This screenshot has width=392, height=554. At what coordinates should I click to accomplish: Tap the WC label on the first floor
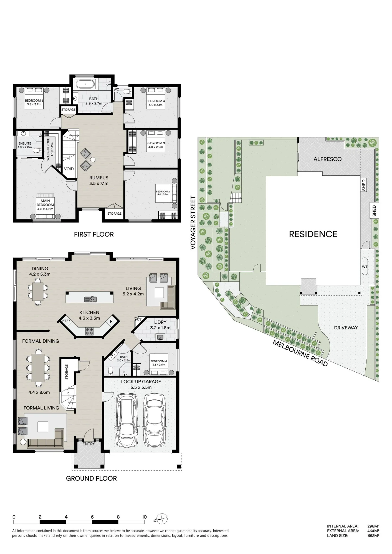pyautogui.click(x=116, y=89)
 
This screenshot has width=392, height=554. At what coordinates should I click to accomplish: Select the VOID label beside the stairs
pyautogui.click(x=69, y=169)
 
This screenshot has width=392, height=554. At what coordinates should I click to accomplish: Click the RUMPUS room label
pyautogui.click(x=99, y=178)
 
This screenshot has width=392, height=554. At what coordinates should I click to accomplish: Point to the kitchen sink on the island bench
pyautogui.click(x=90, y=299)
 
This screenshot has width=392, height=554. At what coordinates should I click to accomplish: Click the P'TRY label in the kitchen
pyautogui.click(x=66, y=321)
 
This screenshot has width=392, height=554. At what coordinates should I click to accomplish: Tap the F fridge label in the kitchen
pyautogui.click(x=111, y=322)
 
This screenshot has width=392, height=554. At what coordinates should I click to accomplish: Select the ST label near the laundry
pyautogui.click(x=139, y=320)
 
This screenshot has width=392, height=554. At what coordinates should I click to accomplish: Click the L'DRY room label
pyautogui.click(x=160, y=322)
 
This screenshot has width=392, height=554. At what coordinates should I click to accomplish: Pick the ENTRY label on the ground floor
pyautogui.click(x=89, y=444)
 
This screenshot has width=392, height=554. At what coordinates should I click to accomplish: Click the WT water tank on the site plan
pyautogui.click(x=365, y=266)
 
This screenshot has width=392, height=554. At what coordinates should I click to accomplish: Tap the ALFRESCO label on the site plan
pyautogui.click(x=327, y=159)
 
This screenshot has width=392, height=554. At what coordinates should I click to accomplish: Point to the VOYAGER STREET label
pyautogui.click(x=193, y=223)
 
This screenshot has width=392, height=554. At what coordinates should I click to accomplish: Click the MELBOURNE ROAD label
pyautogui.click(x=300, y=353)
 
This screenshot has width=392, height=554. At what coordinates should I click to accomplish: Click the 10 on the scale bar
pyautogui.click(x=144, y=517)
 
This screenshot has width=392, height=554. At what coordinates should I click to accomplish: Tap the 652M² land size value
pyautogui.click(x=373, y=535)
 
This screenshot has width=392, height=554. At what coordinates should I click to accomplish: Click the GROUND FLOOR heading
pyautogui.click(x=91, y=478)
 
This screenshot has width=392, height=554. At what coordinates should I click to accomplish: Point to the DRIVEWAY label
pyautogui.click(x=346, y=328)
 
